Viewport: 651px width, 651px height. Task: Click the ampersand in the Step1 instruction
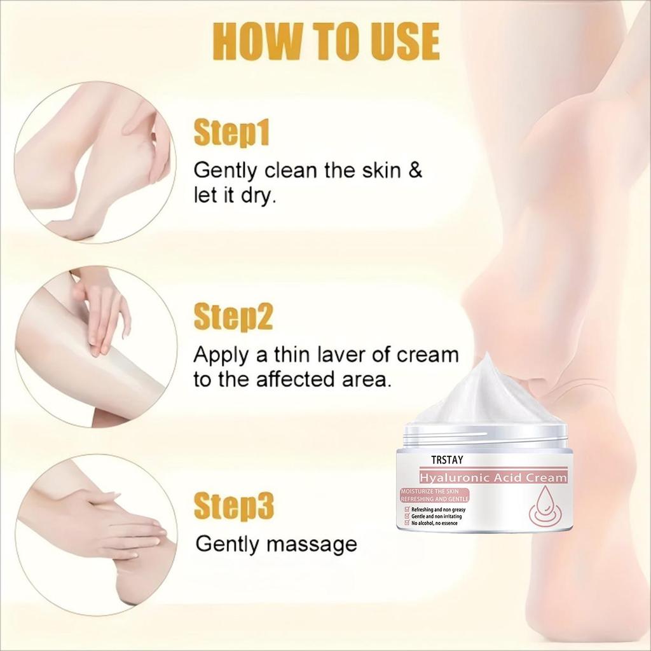[414, 171]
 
